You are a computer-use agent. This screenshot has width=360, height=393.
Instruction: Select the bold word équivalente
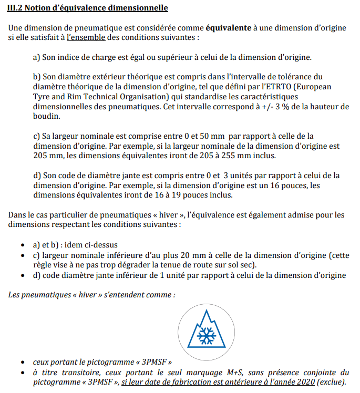pos(228,27)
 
